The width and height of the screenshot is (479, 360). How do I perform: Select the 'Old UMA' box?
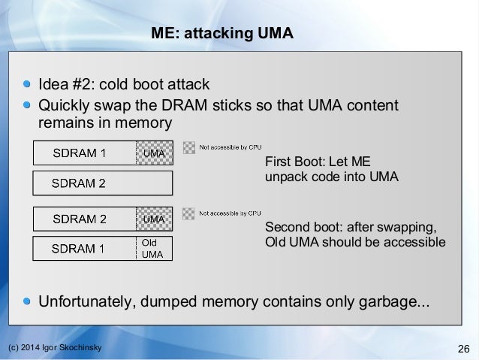tap(153, 249)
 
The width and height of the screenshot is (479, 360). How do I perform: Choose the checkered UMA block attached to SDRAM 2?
tap(154, 219)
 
